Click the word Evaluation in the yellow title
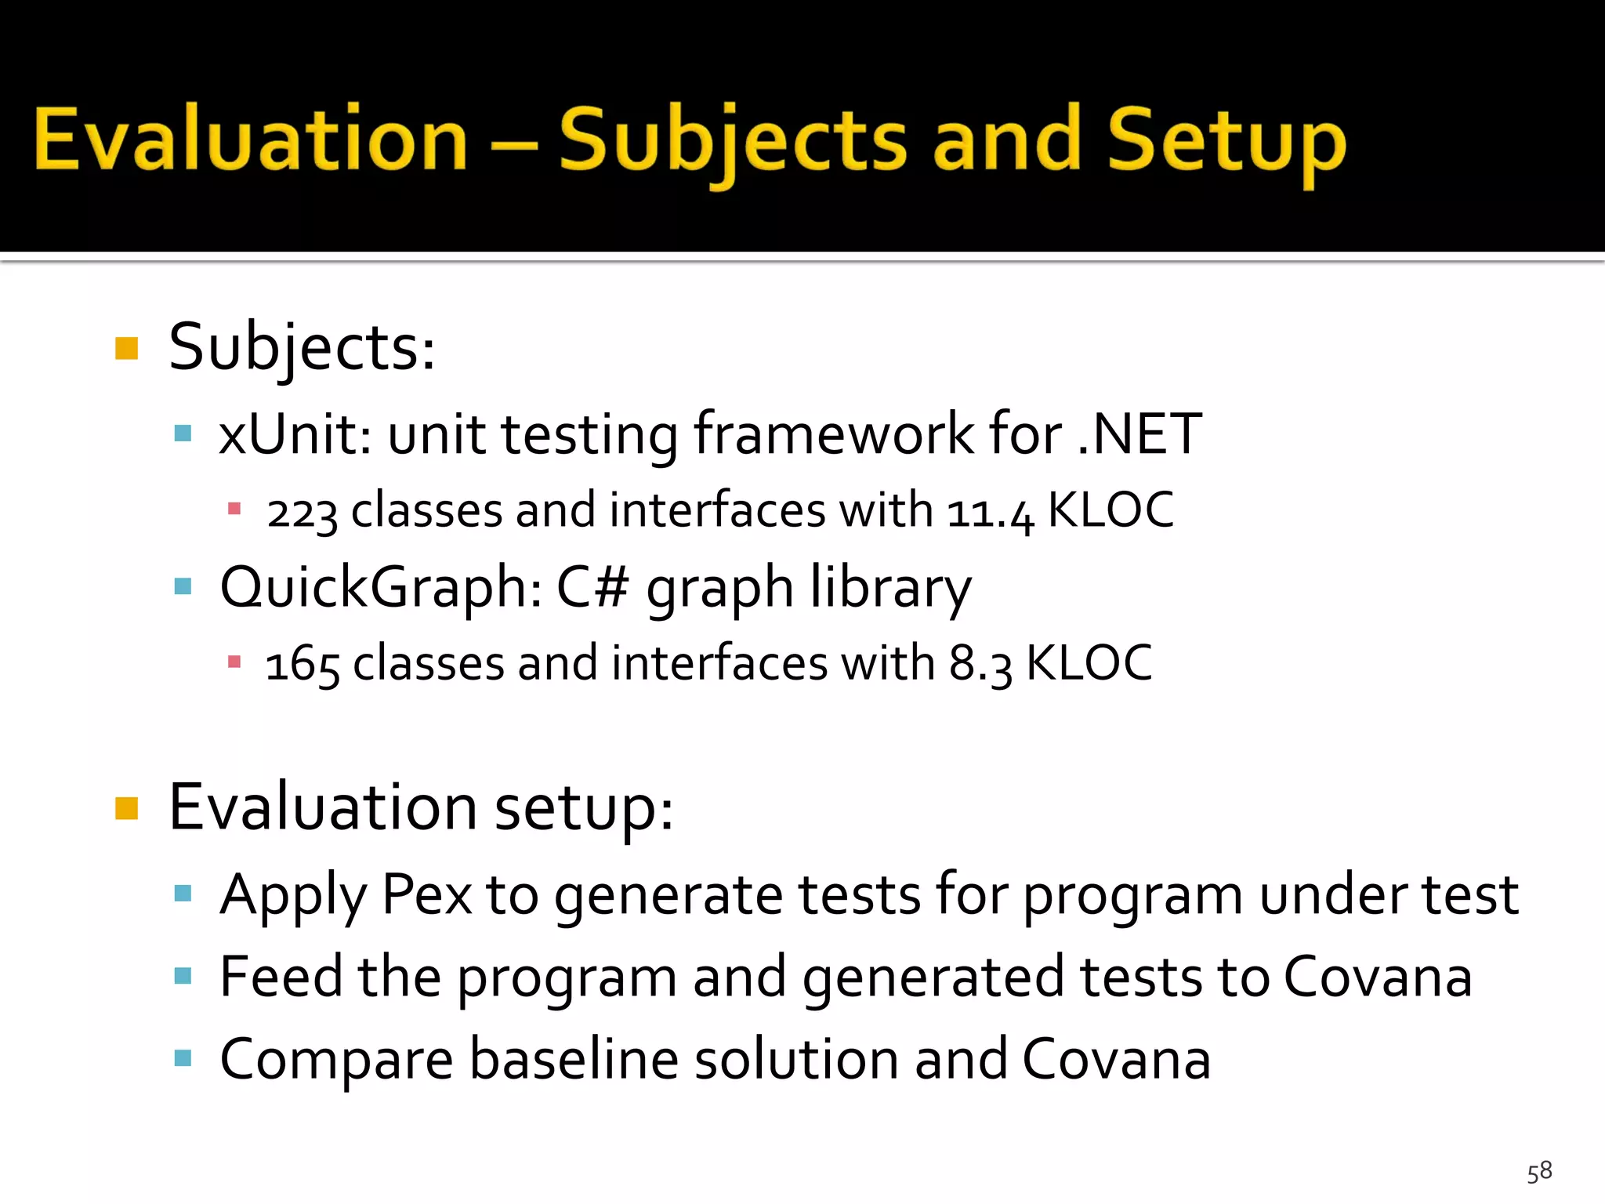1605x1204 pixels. coord(251,140)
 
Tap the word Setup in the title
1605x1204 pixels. coord(1226,141)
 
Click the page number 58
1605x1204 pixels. coord(1539,1172)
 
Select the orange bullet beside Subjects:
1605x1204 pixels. coord(126,348)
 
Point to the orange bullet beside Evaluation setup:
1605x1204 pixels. coord(126,807)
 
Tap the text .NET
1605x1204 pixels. coord(1140,433)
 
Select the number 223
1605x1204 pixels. coord(302,512)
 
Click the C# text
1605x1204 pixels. coord(592,587)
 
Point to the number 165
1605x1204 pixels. coord(303,664)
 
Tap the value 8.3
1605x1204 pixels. coord(980,664)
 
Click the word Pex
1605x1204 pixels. coord(427,894)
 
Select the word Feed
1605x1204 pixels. coord(281,977)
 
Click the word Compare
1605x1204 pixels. coord(336,1060)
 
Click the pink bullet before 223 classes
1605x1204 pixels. coord(234,510)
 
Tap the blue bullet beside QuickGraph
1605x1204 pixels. coord(183,586)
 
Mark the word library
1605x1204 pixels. coord(890,587)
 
